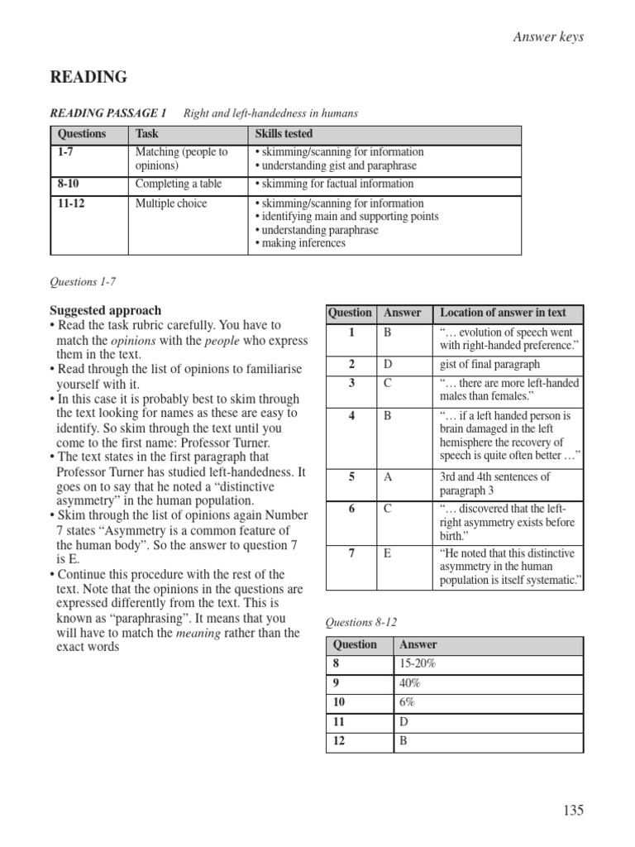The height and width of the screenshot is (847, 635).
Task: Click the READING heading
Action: (88, 78)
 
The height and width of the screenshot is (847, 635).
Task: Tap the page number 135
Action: (573, 810)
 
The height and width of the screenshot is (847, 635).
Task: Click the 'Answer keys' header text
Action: (549, 37)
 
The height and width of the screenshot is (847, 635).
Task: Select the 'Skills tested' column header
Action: (284, 134)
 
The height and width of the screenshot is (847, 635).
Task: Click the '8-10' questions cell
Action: (72, 184)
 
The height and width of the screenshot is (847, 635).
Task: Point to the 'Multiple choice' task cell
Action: (171, 203)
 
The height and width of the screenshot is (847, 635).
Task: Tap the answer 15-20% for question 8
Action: (418, 663)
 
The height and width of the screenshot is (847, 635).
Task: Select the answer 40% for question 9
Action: (410, 683)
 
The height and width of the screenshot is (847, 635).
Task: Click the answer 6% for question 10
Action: (408, 702)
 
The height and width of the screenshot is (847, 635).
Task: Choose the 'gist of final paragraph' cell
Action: (489, 365)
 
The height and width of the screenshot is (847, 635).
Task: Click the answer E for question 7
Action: (387, 553)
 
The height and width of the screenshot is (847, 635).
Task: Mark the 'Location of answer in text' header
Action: (503, 313)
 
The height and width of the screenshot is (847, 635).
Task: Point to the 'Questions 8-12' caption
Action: (362, 621)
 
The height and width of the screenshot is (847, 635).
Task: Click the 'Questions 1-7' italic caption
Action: (84, 281)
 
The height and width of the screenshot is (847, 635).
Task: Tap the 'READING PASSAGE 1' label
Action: (108, 112)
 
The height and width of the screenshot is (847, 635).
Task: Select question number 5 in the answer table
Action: (352, 477)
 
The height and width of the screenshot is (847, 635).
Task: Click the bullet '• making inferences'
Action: (301, 243)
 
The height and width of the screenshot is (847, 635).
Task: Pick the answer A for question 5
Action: (387, 477)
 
